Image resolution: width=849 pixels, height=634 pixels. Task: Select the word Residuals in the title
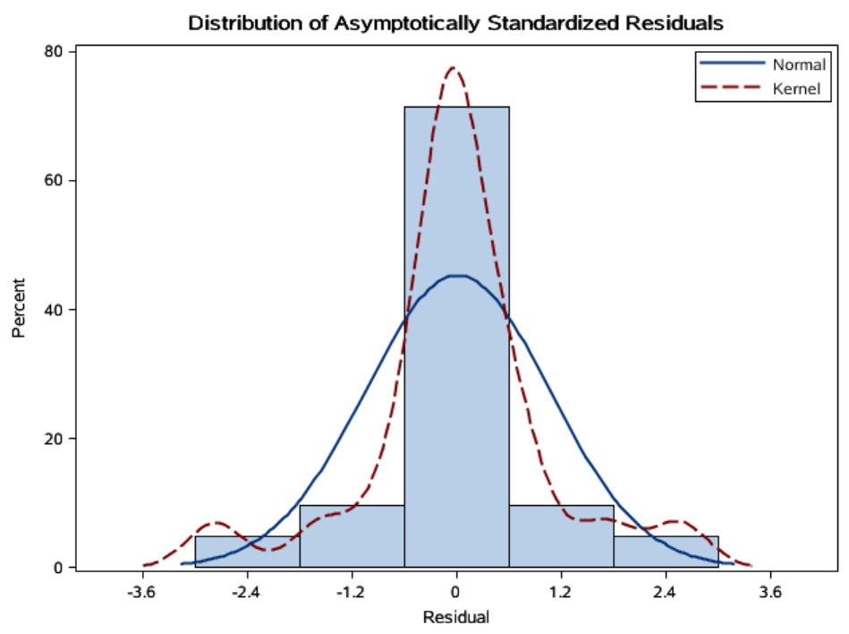point(672,23)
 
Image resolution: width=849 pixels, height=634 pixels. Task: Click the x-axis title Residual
point(456,617)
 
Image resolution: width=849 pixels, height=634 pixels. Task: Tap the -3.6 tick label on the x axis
point(141,592)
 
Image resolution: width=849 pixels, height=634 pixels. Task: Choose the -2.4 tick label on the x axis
point(246,592)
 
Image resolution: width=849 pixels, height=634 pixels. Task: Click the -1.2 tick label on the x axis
point(352,592)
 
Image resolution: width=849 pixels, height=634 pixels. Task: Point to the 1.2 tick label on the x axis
point(561,592)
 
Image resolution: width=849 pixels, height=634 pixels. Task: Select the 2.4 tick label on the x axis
point(666,592)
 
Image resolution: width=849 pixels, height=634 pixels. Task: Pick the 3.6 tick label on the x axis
point(771,592)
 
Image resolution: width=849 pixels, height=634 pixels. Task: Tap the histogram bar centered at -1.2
point(352,537)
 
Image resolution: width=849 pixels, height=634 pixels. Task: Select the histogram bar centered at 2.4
point(666,553)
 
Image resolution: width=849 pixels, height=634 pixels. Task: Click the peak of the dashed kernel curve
point(453,68)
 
